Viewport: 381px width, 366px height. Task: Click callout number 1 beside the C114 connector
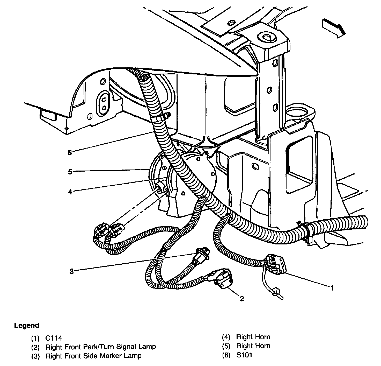[332, 287]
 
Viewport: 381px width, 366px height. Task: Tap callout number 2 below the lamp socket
[241, 299]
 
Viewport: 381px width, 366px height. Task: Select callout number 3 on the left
[71, 271]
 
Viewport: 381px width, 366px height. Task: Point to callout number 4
[70, 192]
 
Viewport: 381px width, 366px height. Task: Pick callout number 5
[70, 172]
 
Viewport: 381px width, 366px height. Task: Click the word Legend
[27, 326]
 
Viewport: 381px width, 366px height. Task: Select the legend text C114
[54, 338]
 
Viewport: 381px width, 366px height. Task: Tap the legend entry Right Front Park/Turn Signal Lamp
[101, 347]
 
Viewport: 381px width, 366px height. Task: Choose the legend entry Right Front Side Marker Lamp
[93, 356]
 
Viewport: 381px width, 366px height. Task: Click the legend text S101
[244, 355]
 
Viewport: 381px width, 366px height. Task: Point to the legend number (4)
[226, 337]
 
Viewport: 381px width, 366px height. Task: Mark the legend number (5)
[226, 346]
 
